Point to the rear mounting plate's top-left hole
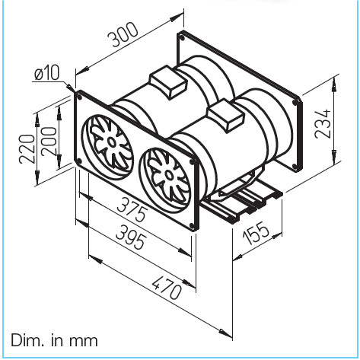[x=181, y=37]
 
